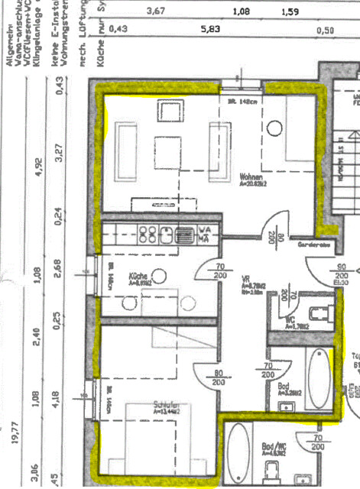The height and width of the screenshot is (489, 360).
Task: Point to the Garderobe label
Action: point(313,246)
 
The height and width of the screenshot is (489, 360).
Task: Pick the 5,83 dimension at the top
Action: point(209,29)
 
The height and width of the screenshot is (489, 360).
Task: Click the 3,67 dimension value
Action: point(156,11)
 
